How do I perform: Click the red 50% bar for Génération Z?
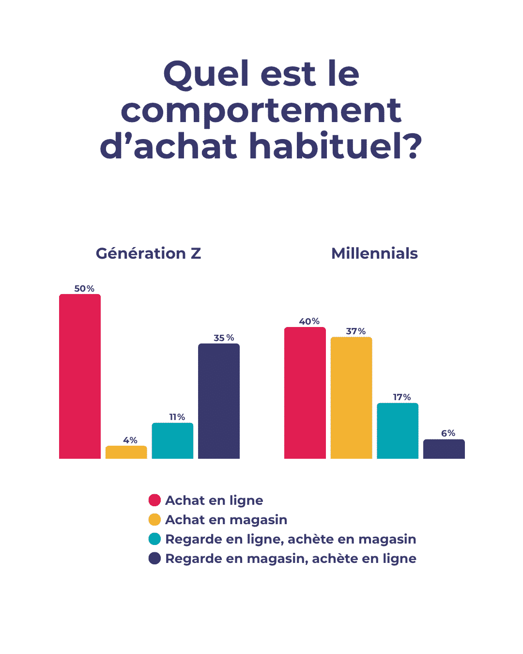pyautogui.click(x=80, y=376)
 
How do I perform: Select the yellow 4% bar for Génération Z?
pyautogui.click(x=126, y=452)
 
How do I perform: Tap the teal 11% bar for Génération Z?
pyautogui.click(x=172, y=441)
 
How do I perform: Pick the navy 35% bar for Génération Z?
pyautogui.click(x=219, y=401)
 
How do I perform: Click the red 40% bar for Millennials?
pyautogui.click(x=305, y=393)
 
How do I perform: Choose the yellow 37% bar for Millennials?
pyautogui.click(x=351, y=398)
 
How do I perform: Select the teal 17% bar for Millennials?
pyautogui.click(x=398, y=431)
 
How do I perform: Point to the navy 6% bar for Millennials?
pyautogui.click(x=444, y=449)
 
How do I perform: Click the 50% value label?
pyautogui.click(x=84, y=289)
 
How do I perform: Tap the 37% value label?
pyautogui.click(x=356, y=331)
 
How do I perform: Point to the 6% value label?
pyautogui.click(x=448, y=433)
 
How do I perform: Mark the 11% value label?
pyautogui.click(x=177, y=417)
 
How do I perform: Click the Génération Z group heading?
pyautogui.click(x=148, y=253)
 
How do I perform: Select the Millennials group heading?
pyautogui.click(x=374, y=253)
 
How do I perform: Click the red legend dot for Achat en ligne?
pyautogui.click(x=154, y=500)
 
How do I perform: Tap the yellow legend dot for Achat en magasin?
pyautogui.click(x=154, y=519)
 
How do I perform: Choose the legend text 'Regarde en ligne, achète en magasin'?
pyautogui.click(x=291, y=539)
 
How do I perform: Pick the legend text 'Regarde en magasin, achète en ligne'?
pyautogui.click(x=291, y=559)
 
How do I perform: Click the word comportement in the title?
pyautogui.click(x=261, y=111)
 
